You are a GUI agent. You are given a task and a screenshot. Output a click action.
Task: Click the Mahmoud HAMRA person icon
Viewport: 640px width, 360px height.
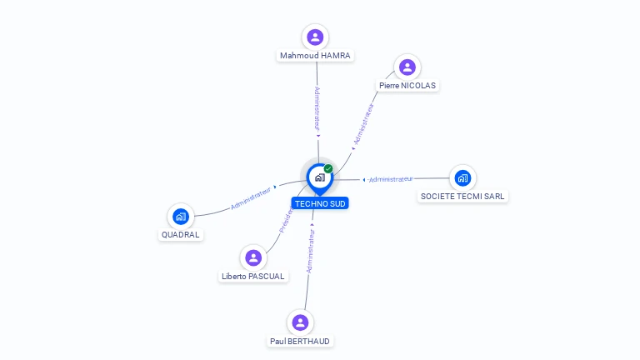tap(315, 37)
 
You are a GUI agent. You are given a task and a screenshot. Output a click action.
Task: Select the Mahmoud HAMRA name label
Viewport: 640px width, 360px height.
tap(316, 56)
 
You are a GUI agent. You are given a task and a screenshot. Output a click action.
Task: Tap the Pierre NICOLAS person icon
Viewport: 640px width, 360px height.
tap(407, 67)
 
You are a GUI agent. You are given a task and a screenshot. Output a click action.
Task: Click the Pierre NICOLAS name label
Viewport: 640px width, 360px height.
tap(407, 85)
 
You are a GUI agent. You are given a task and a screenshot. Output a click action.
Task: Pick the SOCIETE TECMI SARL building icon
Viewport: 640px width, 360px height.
tap(462, 177)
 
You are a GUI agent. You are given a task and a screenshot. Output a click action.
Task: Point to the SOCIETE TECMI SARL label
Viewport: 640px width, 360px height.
tap(462, 196)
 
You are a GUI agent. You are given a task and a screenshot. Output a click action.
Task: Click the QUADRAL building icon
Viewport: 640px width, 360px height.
tap(181, 217)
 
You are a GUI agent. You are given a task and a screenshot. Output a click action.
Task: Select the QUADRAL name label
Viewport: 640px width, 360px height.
tap(181, 234)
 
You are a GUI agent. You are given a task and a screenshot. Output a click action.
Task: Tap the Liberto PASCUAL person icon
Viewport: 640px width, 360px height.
tap(253, 257)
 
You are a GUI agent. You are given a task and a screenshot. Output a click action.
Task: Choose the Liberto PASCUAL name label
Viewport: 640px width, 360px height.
tap(253, 276)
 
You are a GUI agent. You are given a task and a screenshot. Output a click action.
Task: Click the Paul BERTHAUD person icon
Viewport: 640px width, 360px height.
tap(300, 322)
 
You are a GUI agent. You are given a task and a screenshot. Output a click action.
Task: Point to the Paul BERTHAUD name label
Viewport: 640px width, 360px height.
tap(300, 341)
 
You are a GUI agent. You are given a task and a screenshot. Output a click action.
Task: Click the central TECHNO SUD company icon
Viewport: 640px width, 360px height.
tap(319, 177)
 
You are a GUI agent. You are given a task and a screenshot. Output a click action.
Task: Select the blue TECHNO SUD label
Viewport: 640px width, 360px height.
tap(320, 203)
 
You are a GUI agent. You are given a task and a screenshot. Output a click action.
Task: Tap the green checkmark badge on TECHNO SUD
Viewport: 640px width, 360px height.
tap(328, 168)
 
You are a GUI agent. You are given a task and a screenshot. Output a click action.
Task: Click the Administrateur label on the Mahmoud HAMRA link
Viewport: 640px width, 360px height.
tap(317, 107)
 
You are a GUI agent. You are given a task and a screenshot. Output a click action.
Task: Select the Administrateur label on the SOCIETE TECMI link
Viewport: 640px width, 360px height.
tap(391, 179)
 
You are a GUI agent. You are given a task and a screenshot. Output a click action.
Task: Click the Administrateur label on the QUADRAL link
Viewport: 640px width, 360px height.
tap(251, 198)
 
